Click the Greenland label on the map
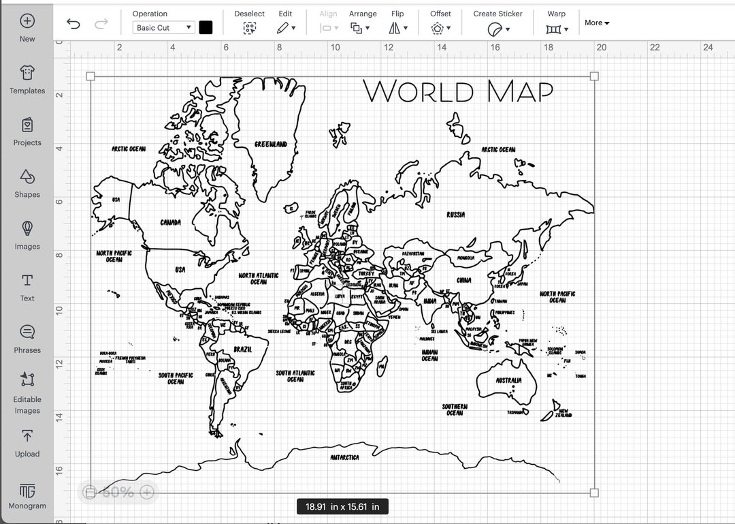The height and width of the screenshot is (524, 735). point(270,144)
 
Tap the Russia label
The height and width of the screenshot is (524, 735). point(456,215)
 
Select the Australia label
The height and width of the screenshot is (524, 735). point(508,380)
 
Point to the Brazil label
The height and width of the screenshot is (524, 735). point(242,350)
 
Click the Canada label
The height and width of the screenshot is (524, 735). point(170,223)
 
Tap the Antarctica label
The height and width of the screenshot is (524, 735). point(344,458)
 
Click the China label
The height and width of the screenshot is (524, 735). point(463,280)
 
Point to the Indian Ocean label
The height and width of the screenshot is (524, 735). point(429,355)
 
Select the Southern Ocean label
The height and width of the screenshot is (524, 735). point(455,410)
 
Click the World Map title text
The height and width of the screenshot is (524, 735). point(458,92)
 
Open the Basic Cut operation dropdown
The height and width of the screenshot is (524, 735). point(164,28)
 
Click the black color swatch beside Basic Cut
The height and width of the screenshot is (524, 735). point(206,27)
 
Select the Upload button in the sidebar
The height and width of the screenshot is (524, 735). point(27,443)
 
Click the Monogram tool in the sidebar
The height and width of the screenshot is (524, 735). point(27,496)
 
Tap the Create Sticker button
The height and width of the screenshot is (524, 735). point(498,22)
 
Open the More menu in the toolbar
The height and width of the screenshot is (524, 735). point(597,23)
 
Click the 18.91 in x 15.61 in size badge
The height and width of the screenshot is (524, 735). point(342,507)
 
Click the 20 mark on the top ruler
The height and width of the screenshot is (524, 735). point(602,47)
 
